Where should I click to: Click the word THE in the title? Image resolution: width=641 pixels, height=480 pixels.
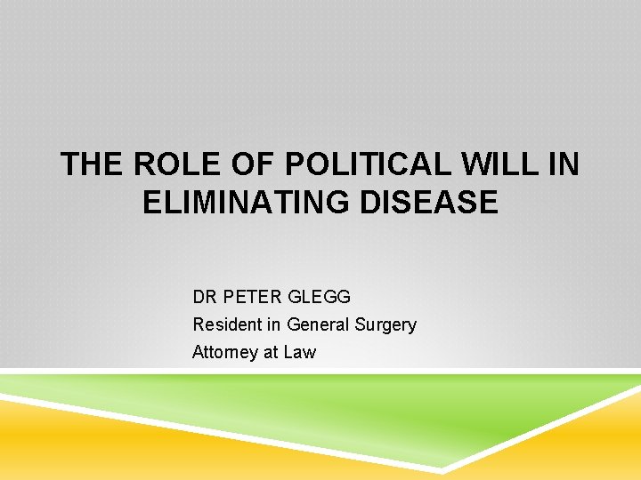click(x=93, y=165)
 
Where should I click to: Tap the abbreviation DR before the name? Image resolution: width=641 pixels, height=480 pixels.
click(x=204, y=296)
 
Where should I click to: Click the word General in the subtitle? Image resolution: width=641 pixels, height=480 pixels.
click(x=318, y=324)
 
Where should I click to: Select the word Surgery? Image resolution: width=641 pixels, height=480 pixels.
click(x=385, y=324)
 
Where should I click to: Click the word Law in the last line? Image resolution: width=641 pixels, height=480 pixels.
click(x=300, y=352)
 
